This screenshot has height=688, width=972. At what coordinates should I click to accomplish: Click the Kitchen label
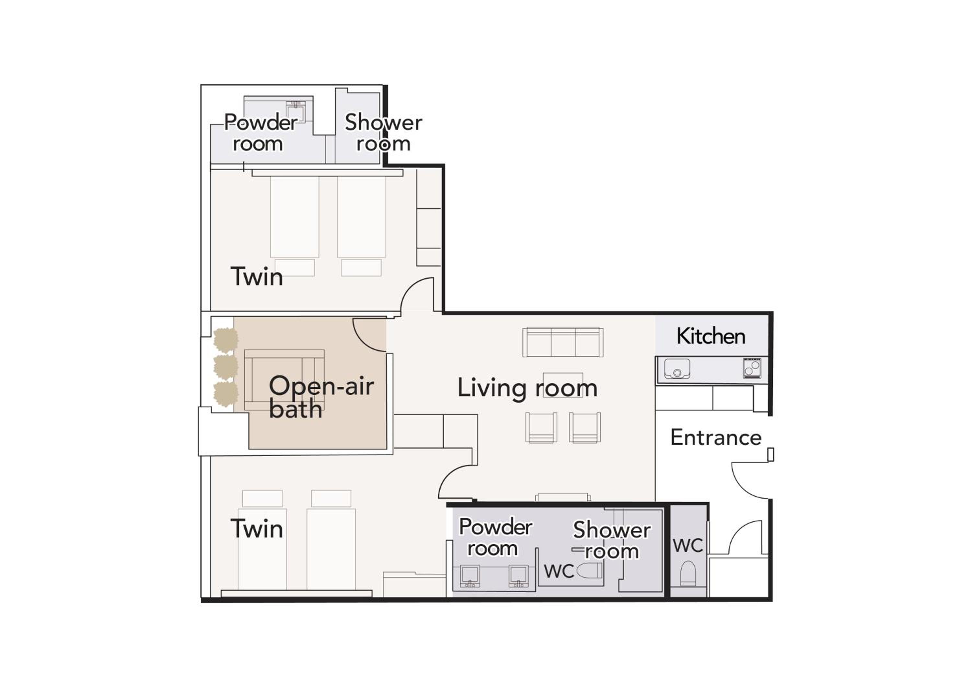point(711,336)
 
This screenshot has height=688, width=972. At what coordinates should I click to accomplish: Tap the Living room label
point(527,388)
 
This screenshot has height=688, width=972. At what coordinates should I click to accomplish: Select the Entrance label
point(716,438)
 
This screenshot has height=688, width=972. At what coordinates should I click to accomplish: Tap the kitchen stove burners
point(752,368)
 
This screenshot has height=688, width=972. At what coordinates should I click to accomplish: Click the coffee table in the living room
point(563,385)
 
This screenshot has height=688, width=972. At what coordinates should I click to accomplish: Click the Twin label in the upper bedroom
point(257,277)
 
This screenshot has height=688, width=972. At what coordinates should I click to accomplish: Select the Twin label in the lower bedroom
point(257,529)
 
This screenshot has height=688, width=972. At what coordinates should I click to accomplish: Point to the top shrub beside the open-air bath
point(226,340)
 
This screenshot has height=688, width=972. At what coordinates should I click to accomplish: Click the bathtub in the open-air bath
point(284,380)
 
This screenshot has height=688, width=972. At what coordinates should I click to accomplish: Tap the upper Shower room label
point(383,133)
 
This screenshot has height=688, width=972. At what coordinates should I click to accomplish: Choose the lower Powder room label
point(495,538)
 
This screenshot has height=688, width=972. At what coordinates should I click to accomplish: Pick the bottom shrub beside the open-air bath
point(226,394)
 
